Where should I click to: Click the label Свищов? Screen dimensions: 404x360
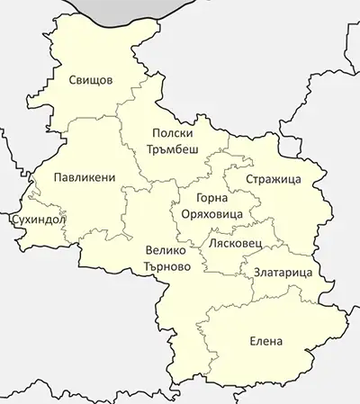(x=91, y=80)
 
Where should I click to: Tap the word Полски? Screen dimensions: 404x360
(x=172, y=131)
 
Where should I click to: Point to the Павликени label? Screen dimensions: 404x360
(x=84, y=177)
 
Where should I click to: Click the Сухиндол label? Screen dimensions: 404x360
(x=33, y=219)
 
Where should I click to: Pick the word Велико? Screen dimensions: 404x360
(x=165, y=250)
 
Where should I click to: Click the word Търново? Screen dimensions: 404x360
(x=167, y=266)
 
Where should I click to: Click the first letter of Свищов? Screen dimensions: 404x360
(x=73, y=80)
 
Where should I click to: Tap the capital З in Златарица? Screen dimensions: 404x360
(x=245, y=272)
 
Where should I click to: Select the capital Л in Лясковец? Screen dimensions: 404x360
(x=211, y=243)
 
